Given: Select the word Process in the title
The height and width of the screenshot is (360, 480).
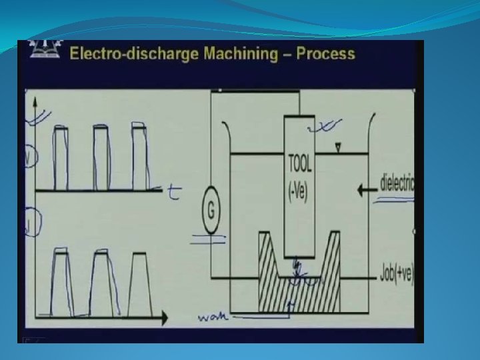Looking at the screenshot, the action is click(327, 53).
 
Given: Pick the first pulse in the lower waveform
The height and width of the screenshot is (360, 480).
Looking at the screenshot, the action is click(61, 283).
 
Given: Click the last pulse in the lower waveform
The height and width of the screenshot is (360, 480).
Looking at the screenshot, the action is click(139, 283).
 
